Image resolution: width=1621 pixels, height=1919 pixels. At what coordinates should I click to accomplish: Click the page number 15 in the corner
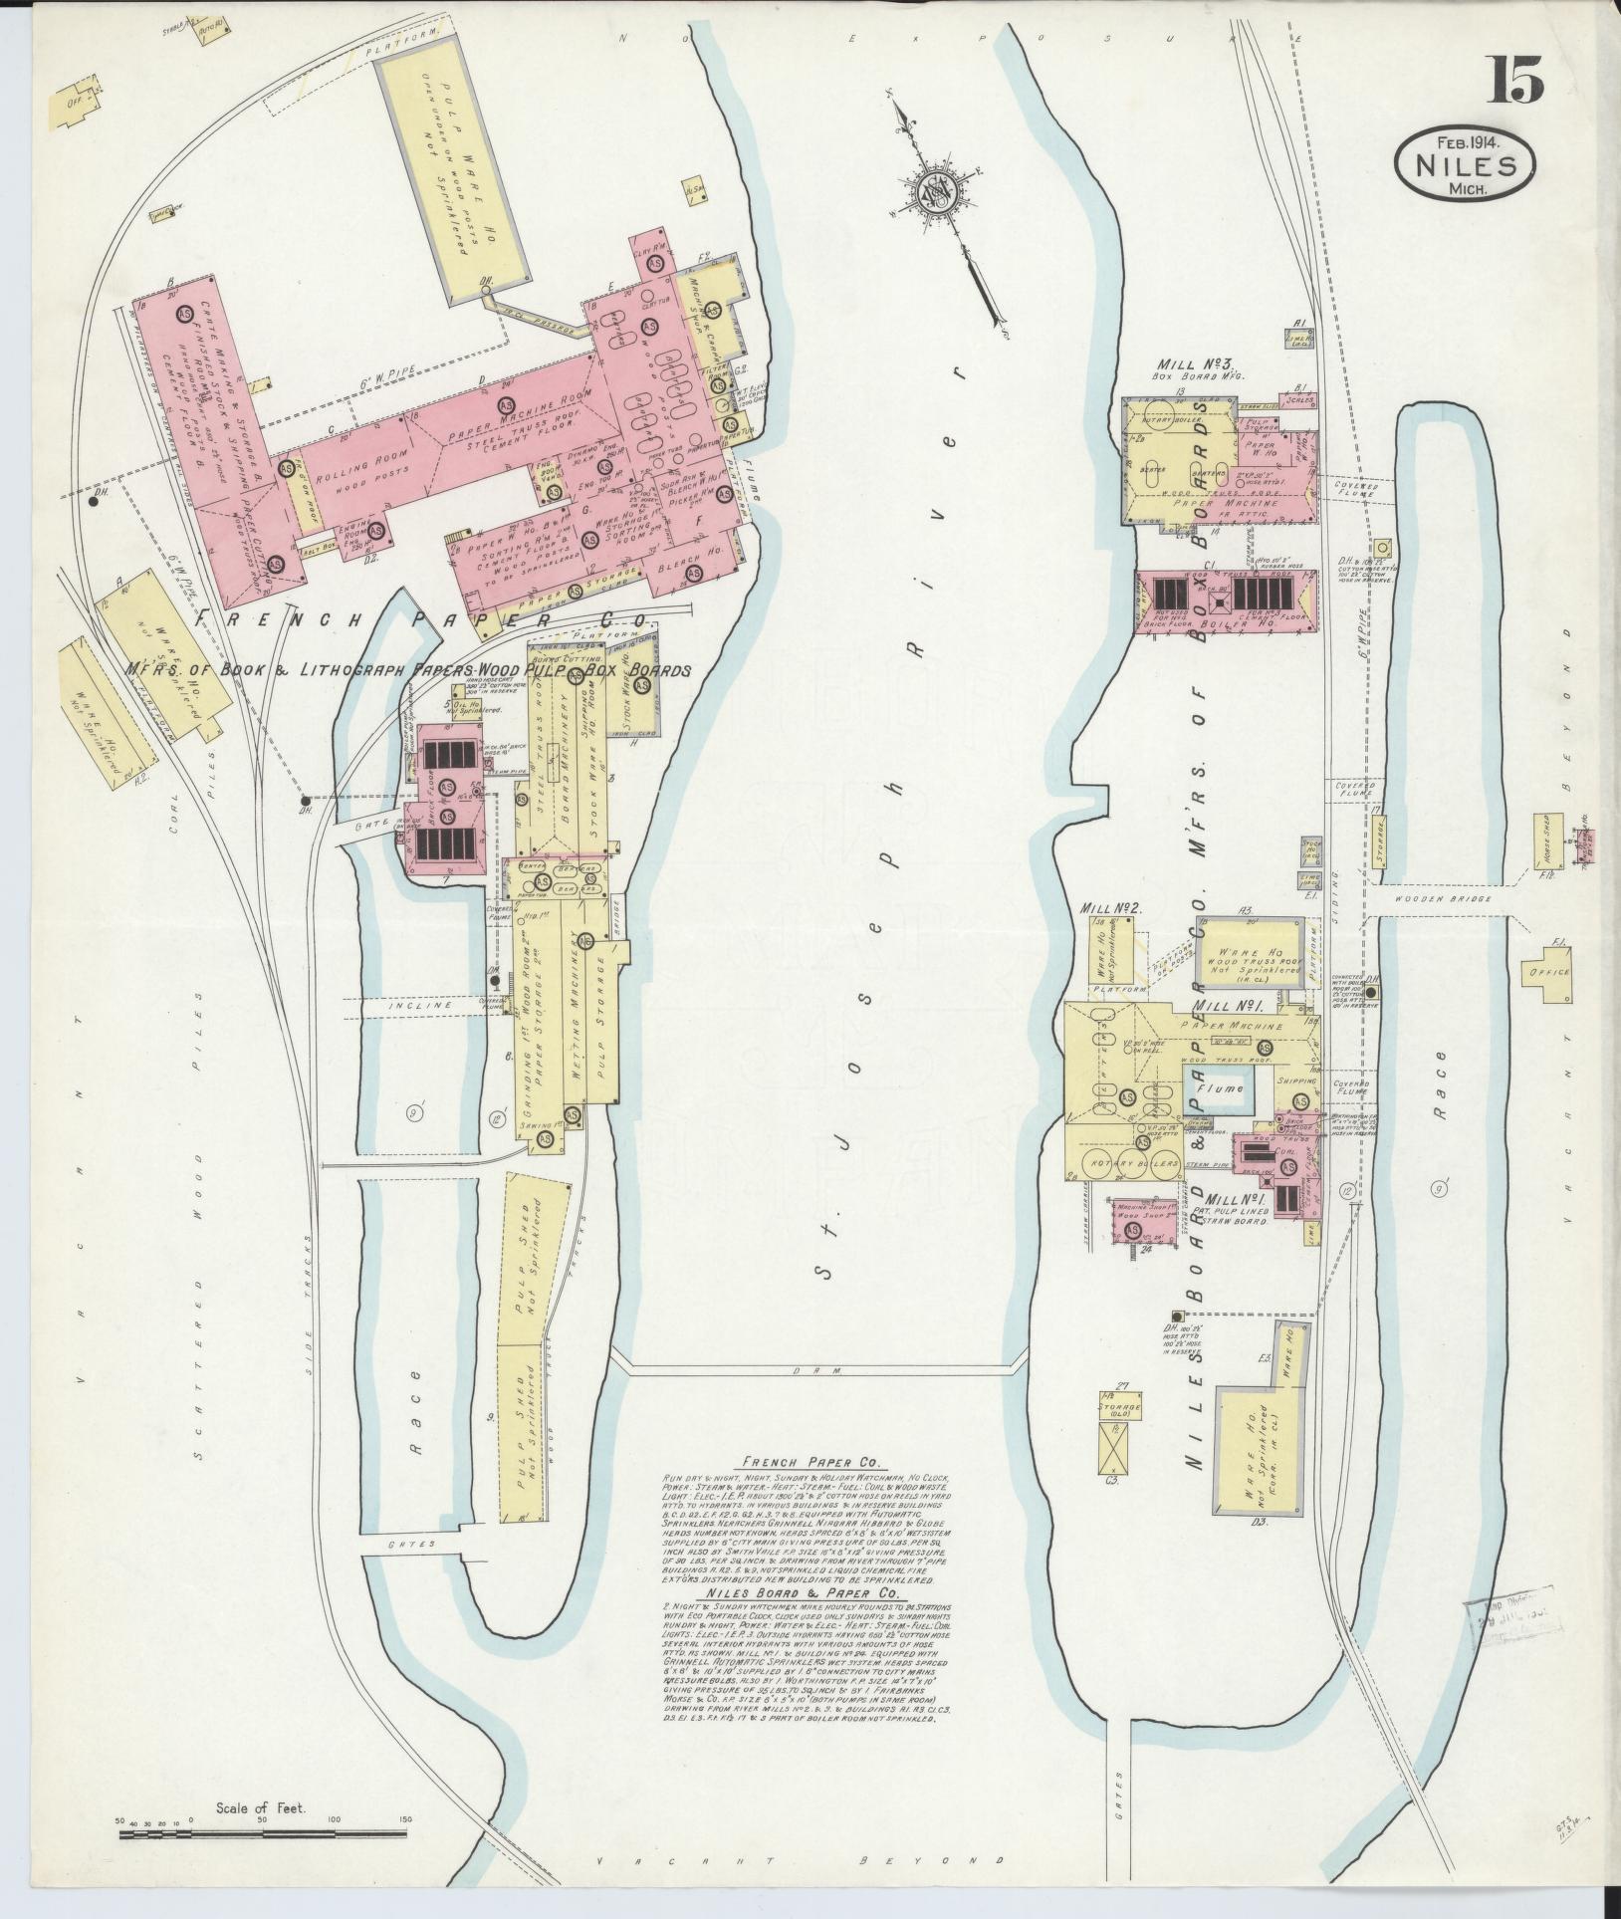[x=1515, y=81]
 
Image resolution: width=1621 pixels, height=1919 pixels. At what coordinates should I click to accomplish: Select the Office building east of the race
[x=1550, y=973]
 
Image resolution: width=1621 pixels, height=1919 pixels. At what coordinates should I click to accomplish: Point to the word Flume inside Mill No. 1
[x=1219, y=1089]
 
